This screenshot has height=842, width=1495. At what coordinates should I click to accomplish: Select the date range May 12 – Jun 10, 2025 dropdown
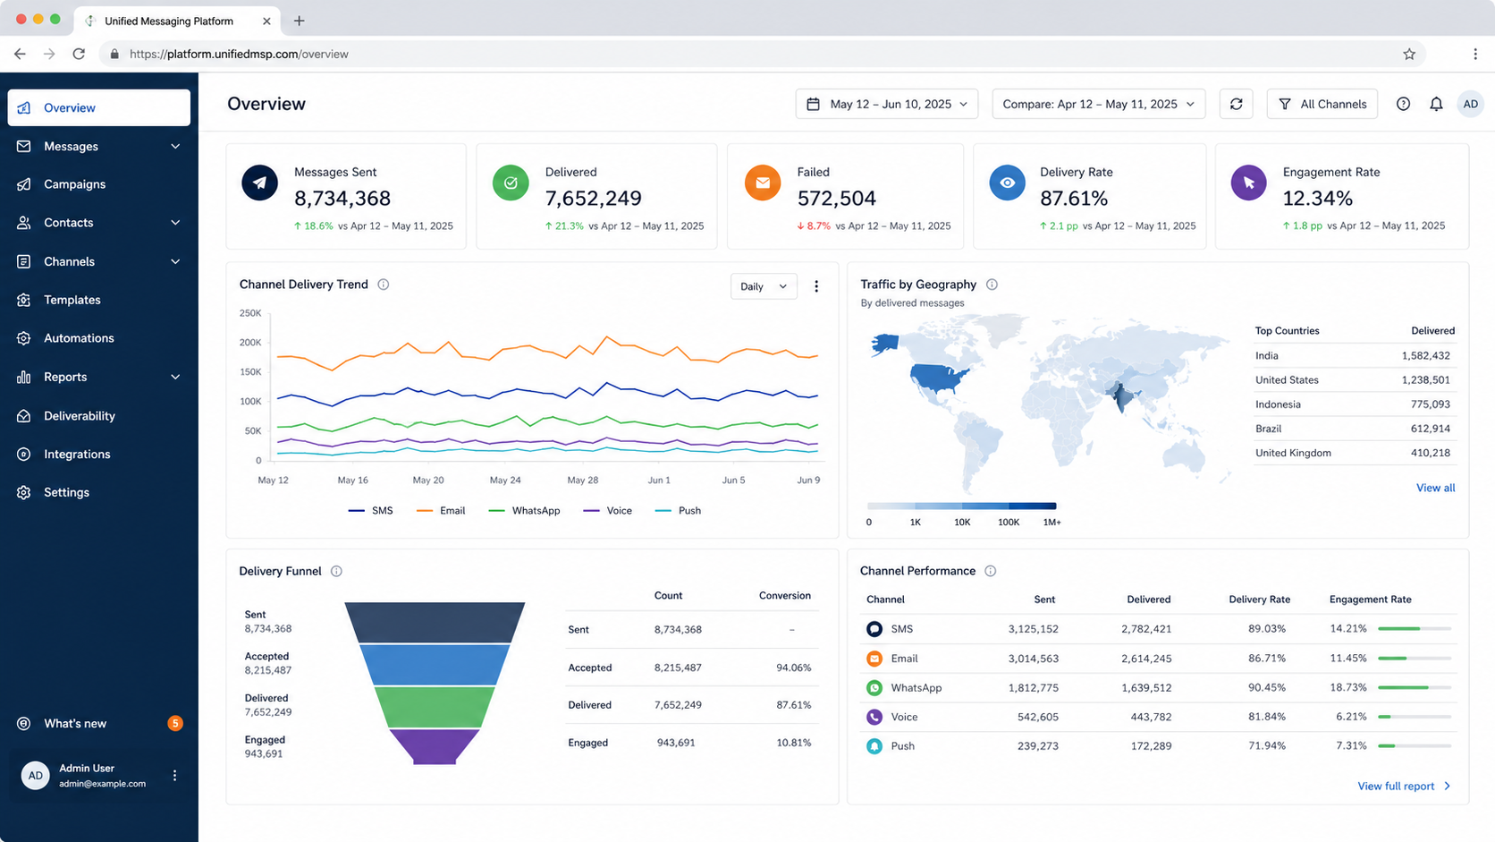[886, 104]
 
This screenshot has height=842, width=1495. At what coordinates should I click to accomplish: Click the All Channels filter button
[1322, 104]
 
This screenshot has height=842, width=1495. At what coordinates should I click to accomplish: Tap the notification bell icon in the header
[1436, 104]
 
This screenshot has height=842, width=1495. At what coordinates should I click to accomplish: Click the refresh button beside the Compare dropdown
[1236, 104]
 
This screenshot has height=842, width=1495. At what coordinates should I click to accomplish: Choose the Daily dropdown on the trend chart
[764, 286]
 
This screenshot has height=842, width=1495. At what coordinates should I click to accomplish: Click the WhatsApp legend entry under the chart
[524, 511]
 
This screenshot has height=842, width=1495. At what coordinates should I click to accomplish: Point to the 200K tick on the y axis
[250, 343]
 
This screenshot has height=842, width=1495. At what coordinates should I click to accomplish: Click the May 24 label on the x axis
[505, 481]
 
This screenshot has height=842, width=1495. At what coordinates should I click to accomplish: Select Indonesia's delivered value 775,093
[1431, 404]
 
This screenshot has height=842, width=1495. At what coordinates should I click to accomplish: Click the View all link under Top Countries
[1436, 488]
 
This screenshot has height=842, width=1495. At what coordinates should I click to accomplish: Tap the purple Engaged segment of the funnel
[434, 746]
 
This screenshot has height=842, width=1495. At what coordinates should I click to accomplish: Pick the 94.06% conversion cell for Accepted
[794, 668]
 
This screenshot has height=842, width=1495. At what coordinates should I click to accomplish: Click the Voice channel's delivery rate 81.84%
[1267, 717]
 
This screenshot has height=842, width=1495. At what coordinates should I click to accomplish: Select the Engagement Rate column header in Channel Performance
[1370, 600]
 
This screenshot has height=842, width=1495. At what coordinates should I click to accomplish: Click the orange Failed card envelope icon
[762, 183]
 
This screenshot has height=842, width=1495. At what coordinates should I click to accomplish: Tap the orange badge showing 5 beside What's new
[175, 724]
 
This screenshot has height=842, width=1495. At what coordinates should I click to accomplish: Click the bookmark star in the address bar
[1409, 54]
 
